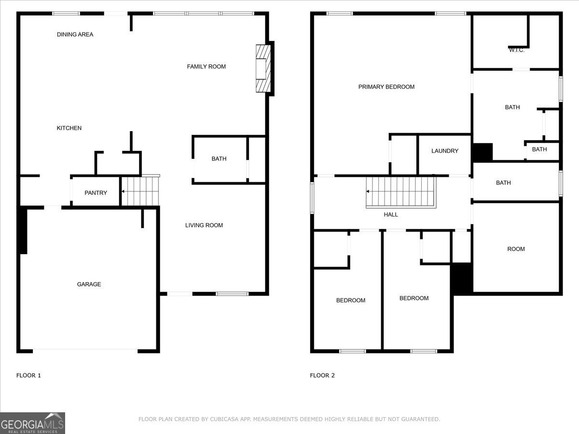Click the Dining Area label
pos(75,35)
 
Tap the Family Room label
pos(207,67)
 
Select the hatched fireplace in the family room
pos(263,68)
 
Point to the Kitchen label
pos(69,128)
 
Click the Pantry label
pos(96,193)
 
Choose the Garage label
pos(89,285)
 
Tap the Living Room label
pos(204,225)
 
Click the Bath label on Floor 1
pos(219,159)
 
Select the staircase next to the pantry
pos(140,191)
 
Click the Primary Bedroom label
pos(386,87)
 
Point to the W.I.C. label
pos(516,50)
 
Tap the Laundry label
pos(445,151)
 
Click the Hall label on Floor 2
pos(391,215)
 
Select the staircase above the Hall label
pos(401,192)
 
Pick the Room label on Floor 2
pos(516,249)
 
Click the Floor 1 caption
pos(28,376)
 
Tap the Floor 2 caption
pos(322,376)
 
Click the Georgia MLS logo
pos(32,423)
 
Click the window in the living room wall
pos(232,294)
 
